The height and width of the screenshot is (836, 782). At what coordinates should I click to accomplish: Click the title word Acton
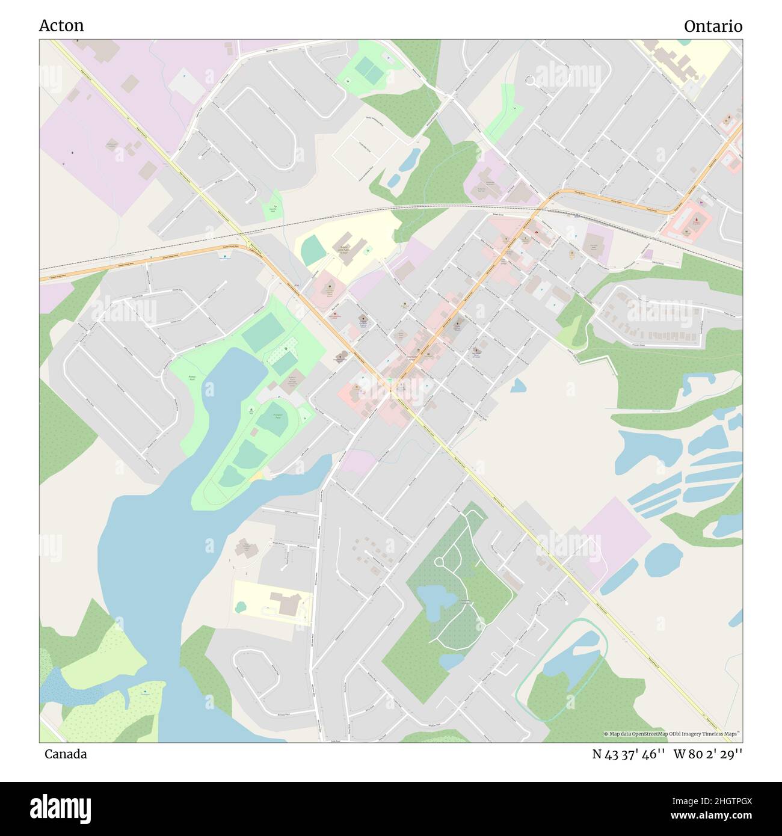[x=61, y=25]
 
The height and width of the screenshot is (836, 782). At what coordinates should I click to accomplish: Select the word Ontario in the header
[x=712, y=26]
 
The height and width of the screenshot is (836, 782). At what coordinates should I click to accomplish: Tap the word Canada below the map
[x=65, y=754]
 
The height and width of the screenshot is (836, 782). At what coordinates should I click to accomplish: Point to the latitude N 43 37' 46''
[x=628, y=754]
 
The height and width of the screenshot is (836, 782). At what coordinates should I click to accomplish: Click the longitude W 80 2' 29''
[x=707, y=754]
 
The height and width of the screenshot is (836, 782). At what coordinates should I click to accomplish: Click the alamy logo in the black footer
[x=60, y=808]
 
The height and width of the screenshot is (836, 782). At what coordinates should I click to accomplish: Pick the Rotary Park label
[x=192, y=378]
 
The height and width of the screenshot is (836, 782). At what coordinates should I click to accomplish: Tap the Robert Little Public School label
[x=344, y=249]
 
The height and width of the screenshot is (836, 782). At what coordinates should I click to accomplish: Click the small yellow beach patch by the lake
[x=257, y=476]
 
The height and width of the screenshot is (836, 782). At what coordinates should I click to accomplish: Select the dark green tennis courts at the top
[x=368, y=70]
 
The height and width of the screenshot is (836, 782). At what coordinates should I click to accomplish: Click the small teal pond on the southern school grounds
[x=241, y=607]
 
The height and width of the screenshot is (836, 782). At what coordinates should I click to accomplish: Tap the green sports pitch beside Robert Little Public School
[x=313, y=250]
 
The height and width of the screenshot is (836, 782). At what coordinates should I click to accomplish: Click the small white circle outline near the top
[x=530, y=79]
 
